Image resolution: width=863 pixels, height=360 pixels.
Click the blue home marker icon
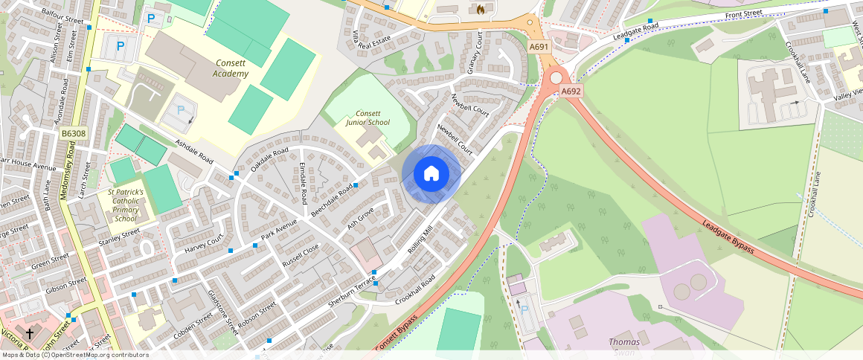(431, 174)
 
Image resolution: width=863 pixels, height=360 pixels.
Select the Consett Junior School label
(368, 117)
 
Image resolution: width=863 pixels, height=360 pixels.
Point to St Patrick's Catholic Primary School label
(125, 205)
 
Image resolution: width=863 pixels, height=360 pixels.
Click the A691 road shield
(539, 47)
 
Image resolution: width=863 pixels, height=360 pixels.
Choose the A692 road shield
(571, 91)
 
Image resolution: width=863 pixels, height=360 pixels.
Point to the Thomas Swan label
(624, 346)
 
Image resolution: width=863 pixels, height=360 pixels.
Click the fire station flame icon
(481, 10)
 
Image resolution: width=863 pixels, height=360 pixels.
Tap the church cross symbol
(30, 334)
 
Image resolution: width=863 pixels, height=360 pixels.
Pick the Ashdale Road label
(194, 152)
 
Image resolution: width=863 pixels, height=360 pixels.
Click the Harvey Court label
(204, 242)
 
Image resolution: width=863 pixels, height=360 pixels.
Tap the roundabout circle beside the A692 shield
(556, 77)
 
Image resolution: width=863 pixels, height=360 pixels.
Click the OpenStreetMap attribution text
(74, 355)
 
